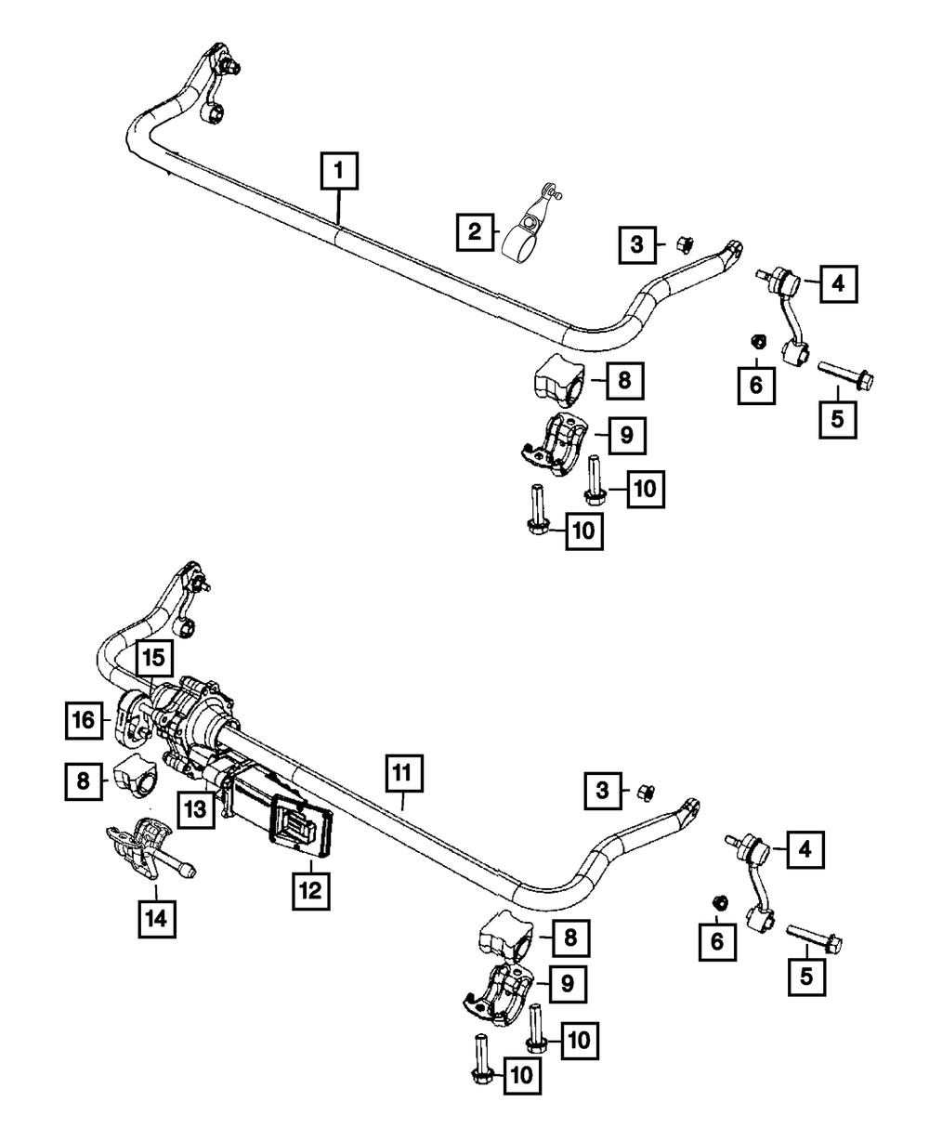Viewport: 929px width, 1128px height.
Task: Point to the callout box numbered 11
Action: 400,773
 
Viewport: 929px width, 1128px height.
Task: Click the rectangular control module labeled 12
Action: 299,824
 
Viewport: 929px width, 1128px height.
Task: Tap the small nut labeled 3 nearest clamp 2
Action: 680,244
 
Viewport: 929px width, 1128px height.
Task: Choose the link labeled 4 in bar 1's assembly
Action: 784,316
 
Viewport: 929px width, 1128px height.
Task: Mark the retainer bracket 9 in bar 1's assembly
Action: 556,446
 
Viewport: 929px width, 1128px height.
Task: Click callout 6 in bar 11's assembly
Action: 716,940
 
